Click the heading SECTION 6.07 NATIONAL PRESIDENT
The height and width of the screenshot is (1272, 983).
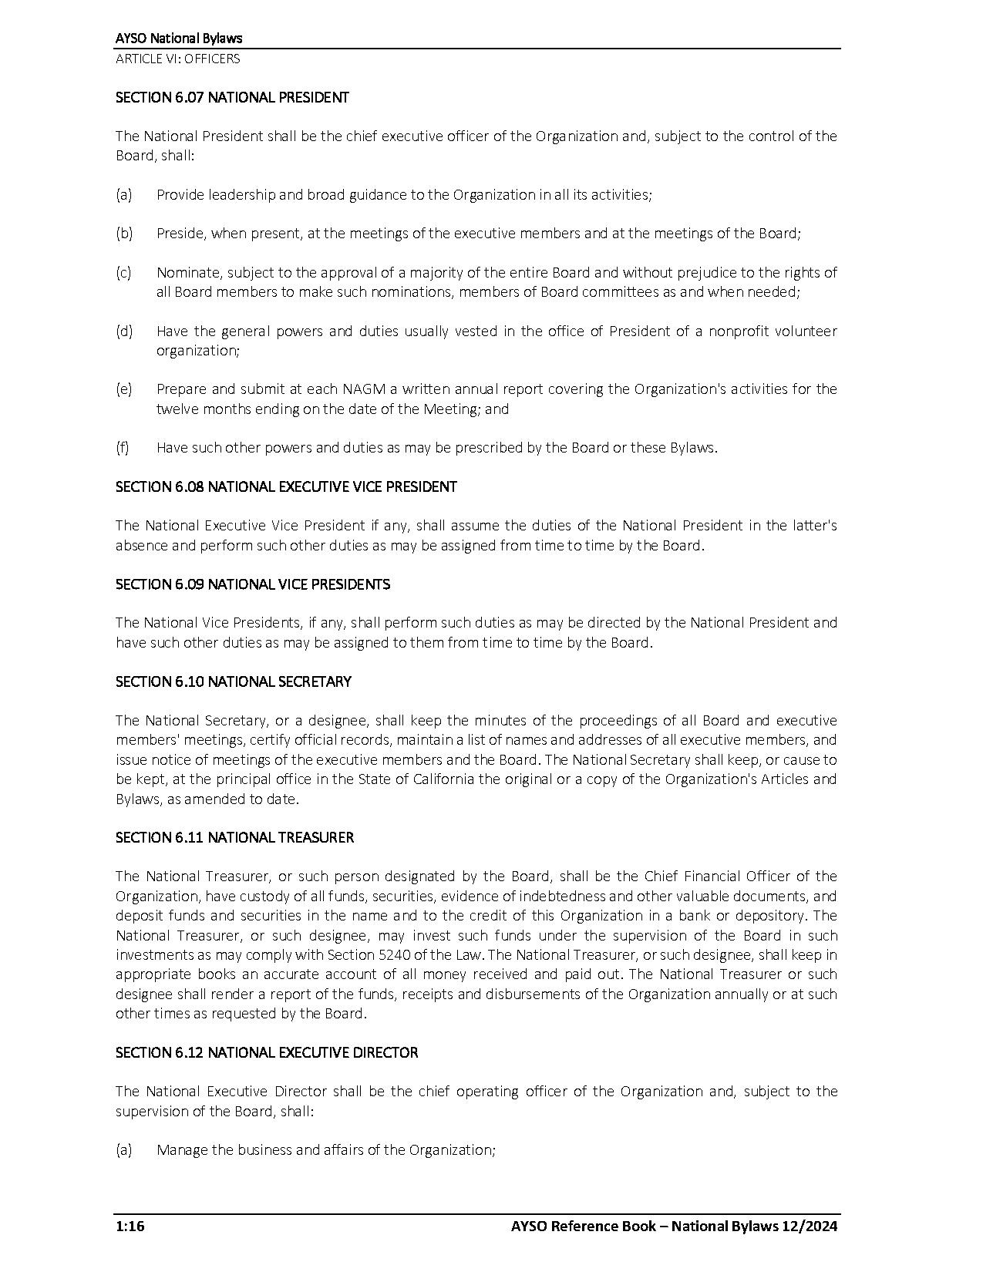point(232,98)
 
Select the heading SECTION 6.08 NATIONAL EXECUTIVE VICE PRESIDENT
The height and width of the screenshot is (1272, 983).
point(286,487)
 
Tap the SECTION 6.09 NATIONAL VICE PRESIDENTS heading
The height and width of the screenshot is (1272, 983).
point(253,584)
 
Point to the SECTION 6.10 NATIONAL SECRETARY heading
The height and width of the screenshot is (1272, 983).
point(234,681)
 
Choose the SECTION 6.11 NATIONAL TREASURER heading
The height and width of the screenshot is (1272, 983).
point(234,837)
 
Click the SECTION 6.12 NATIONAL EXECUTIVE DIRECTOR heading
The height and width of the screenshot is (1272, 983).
point(267,1052)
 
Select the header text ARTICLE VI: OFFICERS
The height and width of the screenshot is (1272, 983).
point(177,59)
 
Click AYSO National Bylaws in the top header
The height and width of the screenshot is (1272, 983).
point(179,39)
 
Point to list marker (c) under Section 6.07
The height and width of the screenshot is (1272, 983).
point(123,273)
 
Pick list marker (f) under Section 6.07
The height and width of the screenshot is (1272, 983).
point(123,448)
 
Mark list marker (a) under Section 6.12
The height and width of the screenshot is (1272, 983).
point(123,1150)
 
